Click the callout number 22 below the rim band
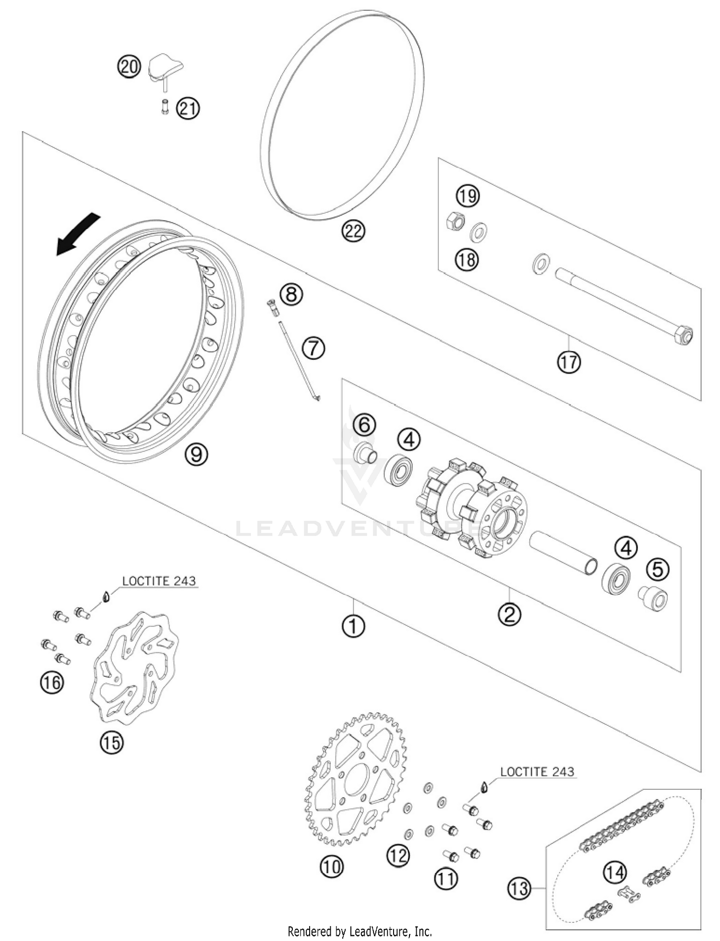click(353, 231)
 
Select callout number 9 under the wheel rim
click(196, 453)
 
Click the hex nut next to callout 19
click(455, 221)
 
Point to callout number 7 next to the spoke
click(313, 347)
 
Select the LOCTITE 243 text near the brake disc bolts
click(159, 581)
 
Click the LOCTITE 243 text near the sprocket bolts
click(537, 772)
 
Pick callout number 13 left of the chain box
click(519, 888)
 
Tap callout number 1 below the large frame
click(353, 626)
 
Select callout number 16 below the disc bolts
click(52, 682)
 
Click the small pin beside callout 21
click(165, 107)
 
